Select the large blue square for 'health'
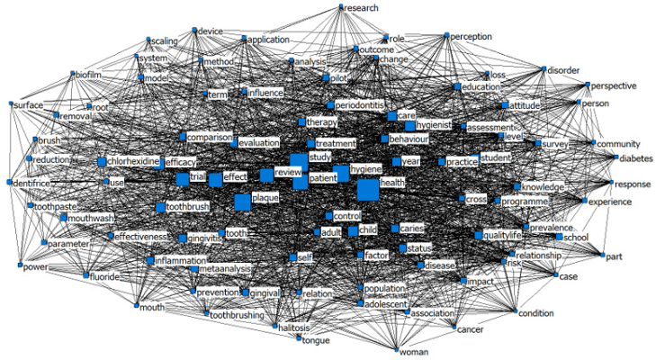tap(367, 191)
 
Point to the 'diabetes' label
tap(637, 158)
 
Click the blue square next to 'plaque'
tap(242, 202)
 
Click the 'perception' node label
tap(472, 37)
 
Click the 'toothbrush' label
tap(188, 208)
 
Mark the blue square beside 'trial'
tap(183, 179)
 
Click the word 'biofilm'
tap(95, 74)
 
